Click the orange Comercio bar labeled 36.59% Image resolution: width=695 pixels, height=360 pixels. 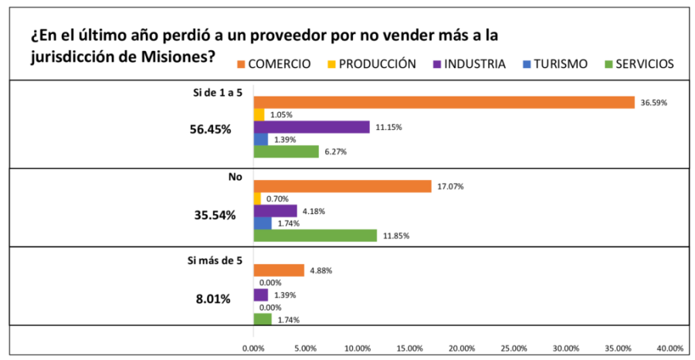444,102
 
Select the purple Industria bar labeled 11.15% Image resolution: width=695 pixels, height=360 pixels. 312,127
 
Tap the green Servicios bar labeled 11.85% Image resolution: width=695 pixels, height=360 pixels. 315,235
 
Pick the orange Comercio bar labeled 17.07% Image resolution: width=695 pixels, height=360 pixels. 342,186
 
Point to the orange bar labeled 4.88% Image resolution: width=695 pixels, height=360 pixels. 279,270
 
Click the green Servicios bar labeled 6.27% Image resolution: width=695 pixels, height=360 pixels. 286,151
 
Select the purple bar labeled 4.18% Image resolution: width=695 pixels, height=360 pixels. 276,210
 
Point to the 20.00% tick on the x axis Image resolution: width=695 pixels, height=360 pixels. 462,348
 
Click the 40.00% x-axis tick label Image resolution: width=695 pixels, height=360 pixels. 670,348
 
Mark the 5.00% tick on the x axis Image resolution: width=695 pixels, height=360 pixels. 306,348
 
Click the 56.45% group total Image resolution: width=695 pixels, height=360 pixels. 210,129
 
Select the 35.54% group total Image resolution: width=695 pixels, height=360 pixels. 210,215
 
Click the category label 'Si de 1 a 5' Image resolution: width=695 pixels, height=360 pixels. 217,92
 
